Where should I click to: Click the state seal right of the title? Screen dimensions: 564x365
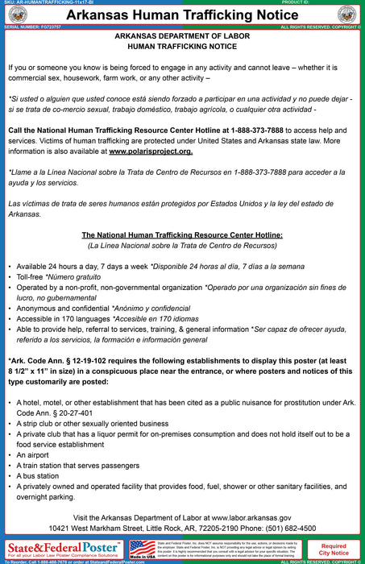(347, 14)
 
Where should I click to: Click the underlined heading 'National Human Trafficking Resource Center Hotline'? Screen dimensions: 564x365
(181, 234)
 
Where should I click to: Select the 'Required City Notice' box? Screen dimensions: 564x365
(334, 549)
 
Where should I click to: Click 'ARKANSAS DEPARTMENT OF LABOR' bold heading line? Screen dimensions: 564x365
(182, 37)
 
